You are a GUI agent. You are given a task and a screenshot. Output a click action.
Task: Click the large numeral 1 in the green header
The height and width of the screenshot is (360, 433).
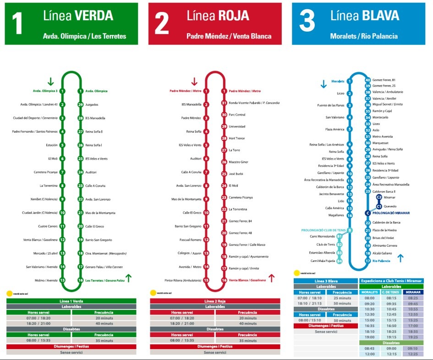coord(17,24)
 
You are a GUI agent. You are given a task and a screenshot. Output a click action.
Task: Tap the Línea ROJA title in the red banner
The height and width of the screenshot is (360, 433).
coord(218,16)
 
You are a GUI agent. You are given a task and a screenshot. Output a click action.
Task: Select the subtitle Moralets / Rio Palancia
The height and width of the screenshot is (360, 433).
coord(364,36)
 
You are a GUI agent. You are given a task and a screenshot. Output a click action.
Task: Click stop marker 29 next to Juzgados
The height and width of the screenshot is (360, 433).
coord(80,105)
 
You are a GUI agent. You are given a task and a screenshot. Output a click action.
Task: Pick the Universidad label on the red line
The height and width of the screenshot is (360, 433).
coord(237,126)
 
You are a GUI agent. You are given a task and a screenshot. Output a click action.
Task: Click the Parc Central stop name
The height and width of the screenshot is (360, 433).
coord(237,115)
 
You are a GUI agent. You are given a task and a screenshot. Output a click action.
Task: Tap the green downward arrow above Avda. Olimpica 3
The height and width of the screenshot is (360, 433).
coord(50,82)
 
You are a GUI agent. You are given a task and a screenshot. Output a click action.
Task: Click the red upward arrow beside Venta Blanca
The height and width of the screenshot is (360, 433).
coord(271,277)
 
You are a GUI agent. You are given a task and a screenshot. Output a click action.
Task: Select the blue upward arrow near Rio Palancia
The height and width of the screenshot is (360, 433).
coord(400,258)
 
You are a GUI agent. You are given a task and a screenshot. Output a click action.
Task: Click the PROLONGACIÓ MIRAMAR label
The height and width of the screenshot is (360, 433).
coord(391,213)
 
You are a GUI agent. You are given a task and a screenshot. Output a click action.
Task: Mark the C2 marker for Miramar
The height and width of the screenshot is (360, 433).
coord(379,197)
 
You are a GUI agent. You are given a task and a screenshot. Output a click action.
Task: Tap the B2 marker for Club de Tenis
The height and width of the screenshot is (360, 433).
coord(340,244)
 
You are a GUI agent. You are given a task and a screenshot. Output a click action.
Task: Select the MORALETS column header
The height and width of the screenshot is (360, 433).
coord(369,292)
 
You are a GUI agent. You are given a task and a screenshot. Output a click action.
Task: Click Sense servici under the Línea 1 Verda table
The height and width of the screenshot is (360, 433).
coord(71,352)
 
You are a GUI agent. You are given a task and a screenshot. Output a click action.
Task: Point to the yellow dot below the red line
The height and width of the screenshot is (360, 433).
coord(153,293)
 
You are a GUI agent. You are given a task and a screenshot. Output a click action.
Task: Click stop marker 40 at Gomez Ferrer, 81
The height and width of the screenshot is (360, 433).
coord(367,80)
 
